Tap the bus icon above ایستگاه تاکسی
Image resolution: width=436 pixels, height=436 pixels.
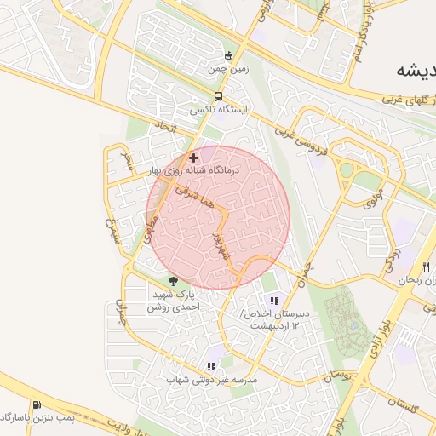(219, 96)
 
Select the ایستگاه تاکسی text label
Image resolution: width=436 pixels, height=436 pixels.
(220, 111)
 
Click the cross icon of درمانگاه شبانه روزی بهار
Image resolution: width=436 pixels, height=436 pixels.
(194, 158)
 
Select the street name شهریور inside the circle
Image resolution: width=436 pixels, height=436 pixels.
(219, 246)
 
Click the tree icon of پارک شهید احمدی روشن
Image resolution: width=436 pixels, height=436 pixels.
(174, 281)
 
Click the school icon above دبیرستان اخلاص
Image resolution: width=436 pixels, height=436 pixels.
(274, 300)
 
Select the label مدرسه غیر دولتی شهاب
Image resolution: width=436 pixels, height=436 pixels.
(211, 379)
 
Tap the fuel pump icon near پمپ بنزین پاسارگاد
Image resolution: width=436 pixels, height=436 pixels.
(36, 404)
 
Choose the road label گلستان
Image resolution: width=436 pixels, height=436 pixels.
(400, 408)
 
